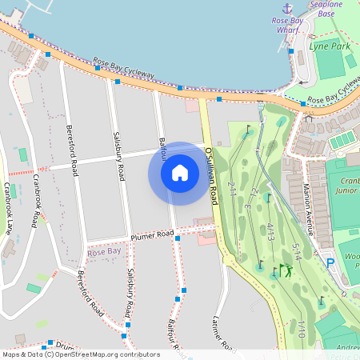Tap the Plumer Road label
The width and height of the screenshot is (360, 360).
(x=152, y=234)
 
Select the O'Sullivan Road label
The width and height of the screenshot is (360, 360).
(x=211, y=174)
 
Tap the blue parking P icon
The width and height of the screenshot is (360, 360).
(x=330, y=262)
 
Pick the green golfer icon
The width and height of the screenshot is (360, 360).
(x=286, y=270)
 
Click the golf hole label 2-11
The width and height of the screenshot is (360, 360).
(x=231, y=190)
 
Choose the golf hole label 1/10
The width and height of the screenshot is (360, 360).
(x=302, y=329)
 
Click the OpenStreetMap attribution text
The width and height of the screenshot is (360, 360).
(x=80, y=354)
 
